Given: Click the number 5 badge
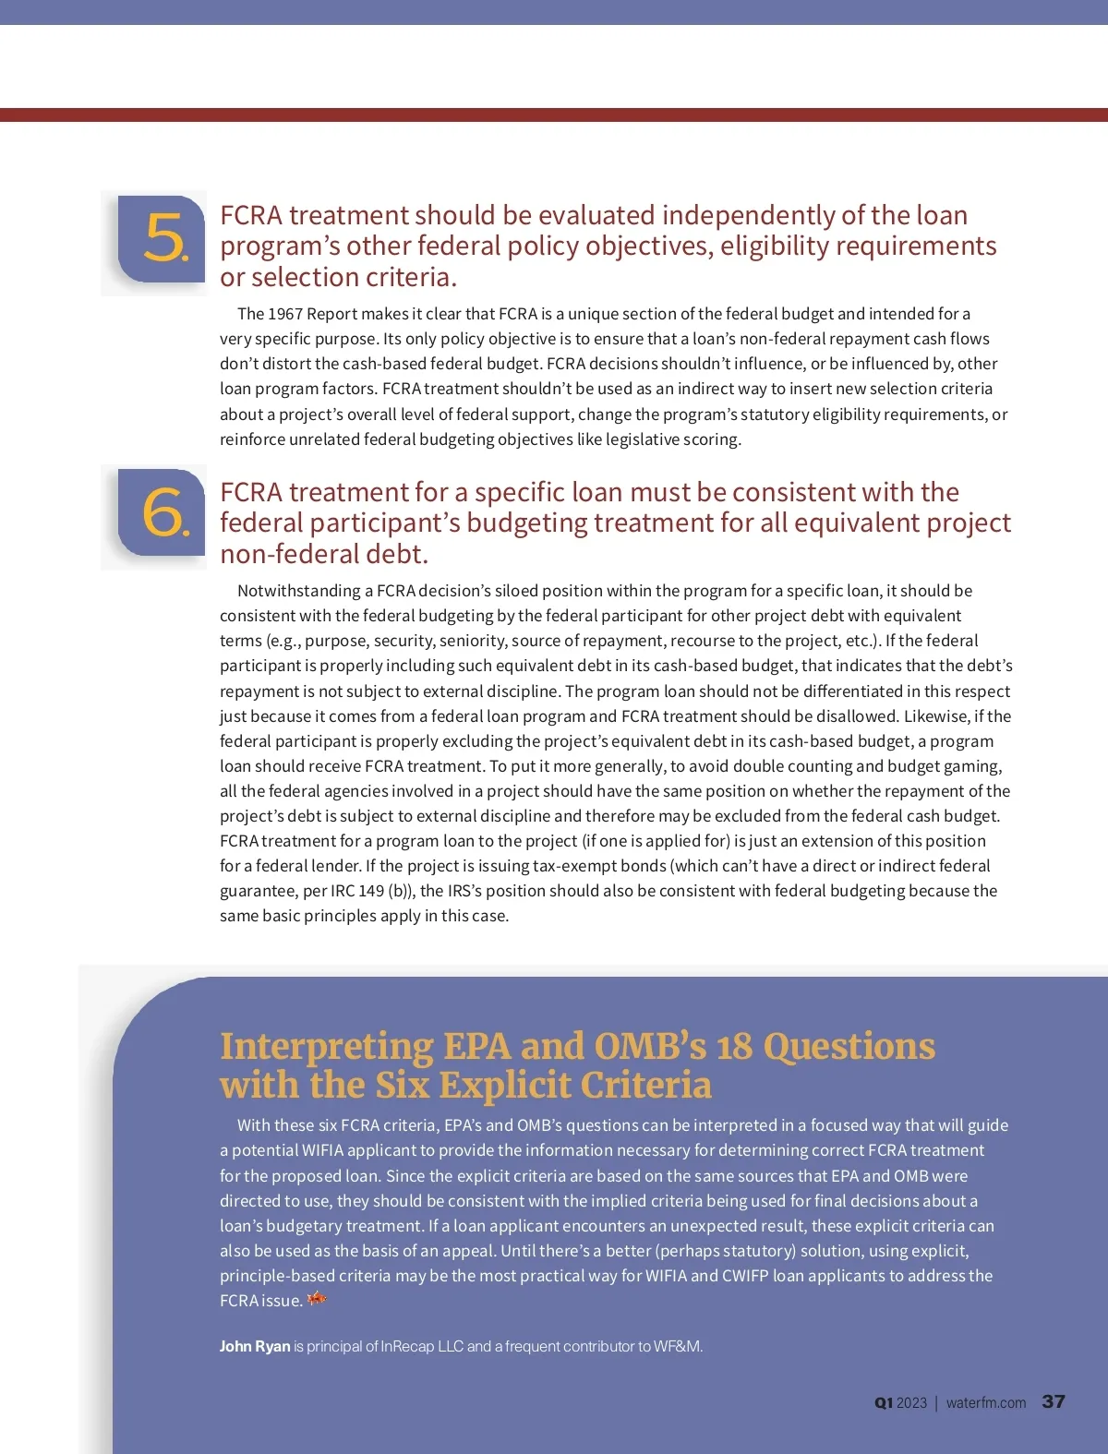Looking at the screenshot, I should click(x=163, y=239).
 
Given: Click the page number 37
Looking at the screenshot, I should click(x=1054, y=1401).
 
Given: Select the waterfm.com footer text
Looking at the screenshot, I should click(x=985, y=1403).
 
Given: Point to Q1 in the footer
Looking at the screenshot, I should click(x=884, y=1403).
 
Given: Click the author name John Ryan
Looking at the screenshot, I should click(x=255, y=1346).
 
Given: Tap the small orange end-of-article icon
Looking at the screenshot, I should click(x=317, y=1299).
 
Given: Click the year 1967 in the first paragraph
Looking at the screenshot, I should click(x=285, y=314).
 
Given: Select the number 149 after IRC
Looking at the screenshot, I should click(x=371, y=891).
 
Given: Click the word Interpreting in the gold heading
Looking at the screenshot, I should click(x=326, y=1047).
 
